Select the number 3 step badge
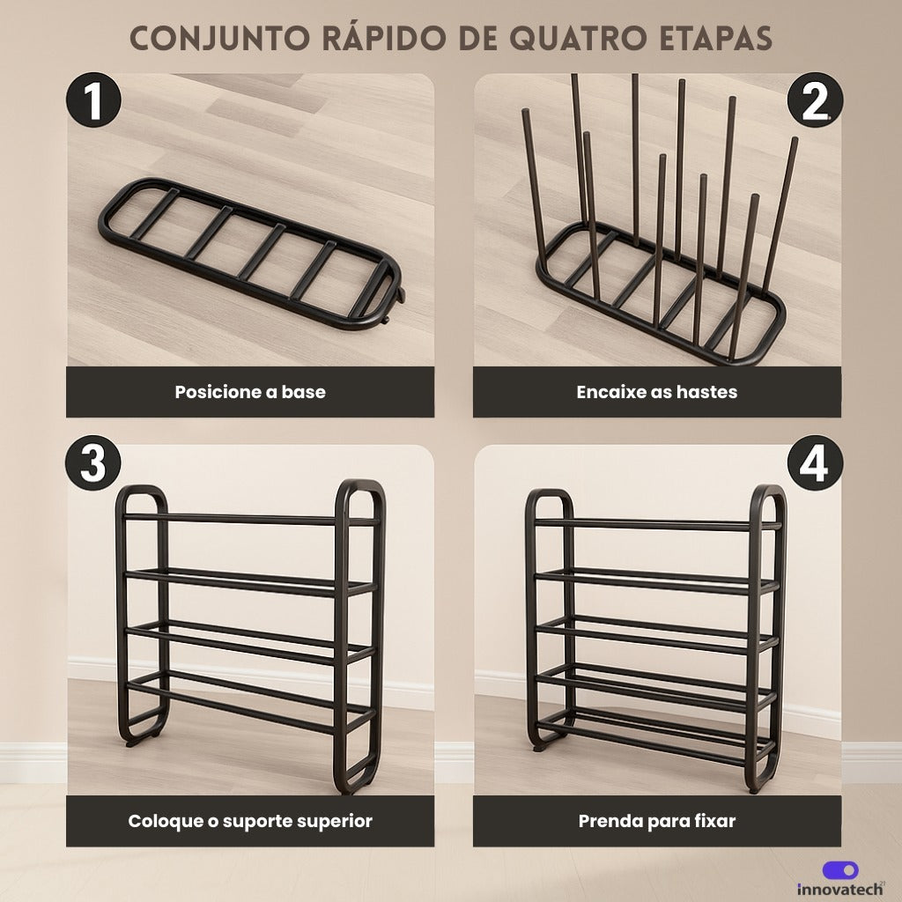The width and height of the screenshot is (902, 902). [x=92, y=464]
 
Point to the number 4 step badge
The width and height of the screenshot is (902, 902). [x=815, y=464]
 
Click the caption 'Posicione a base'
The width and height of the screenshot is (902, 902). [x=250, y=392]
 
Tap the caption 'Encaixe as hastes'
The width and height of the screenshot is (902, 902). [x=656, y=392]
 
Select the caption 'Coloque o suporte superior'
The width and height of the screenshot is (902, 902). [x=250, y=821]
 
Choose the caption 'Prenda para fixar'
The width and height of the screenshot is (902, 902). [x=656, y=821]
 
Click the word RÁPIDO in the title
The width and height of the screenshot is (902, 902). [x=384, y=38]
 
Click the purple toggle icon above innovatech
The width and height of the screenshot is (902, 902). [x=840, y=870]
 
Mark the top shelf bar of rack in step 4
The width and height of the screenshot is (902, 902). [x=656, y=525]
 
